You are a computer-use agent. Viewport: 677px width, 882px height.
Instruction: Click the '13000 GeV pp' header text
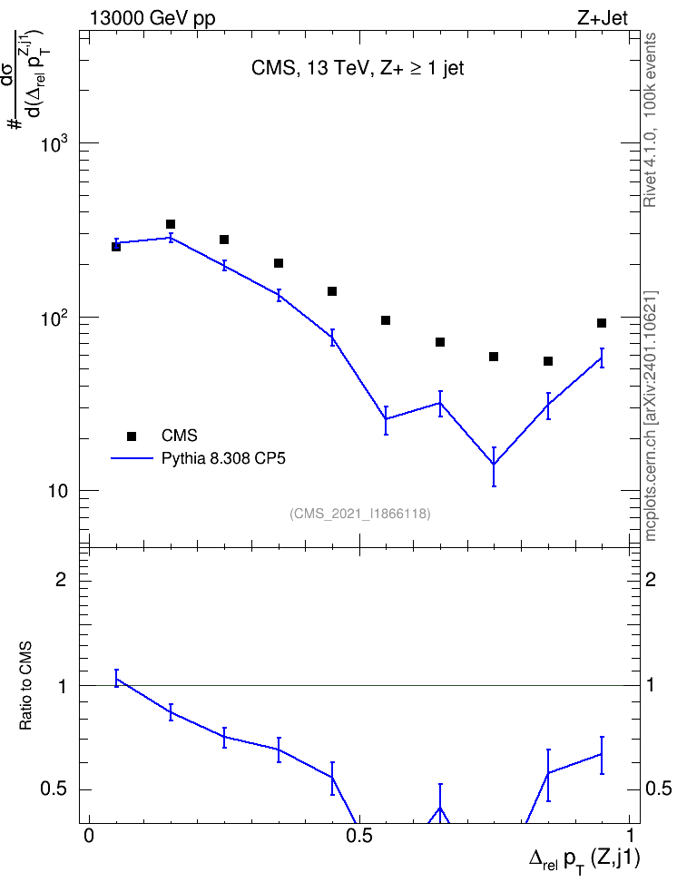(152, 18)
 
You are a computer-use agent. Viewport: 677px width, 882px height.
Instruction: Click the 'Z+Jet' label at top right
(603, 18)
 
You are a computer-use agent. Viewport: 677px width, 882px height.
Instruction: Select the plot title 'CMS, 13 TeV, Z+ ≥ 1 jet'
(358, 69)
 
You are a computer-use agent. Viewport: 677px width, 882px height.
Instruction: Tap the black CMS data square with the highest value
(171, 224)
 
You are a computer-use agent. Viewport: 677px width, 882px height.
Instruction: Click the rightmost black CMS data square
(602, 323)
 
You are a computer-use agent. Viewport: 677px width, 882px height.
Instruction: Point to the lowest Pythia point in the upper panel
(494, 464)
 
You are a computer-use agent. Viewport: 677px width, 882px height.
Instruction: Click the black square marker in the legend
(132, 436)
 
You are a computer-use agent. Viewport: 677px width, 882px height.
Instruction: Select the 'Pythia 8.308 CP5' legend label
(223, 458)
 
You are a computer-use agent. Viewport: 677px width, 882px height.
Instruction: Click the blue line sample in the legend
(132, 458)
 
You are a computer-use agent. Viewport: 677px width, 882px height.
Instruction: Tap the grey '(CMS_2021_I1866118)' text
(360, 514)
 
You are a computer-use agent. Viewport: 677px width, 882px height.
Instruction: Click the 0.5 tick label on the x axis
(359, 836)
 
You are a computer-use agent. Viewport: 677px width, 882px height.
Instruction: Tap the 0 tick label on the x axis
(88, 836)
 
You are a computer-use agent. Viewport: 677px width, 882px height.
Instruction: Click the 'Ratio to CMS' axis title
(25, 686)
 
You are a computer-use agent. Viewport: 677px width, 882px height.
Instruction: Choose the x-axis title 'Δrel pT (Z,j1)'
(584, 860)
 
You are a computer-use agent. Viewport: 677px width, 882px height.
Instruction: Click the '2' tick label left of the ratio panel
(61, 579)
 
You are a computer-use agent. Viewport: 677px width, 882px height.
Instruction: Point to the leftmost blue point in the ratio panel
(116, 679)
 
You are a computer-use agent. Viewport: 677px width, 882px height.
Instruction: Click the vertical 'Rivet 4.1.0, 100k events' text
(650, 120)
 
